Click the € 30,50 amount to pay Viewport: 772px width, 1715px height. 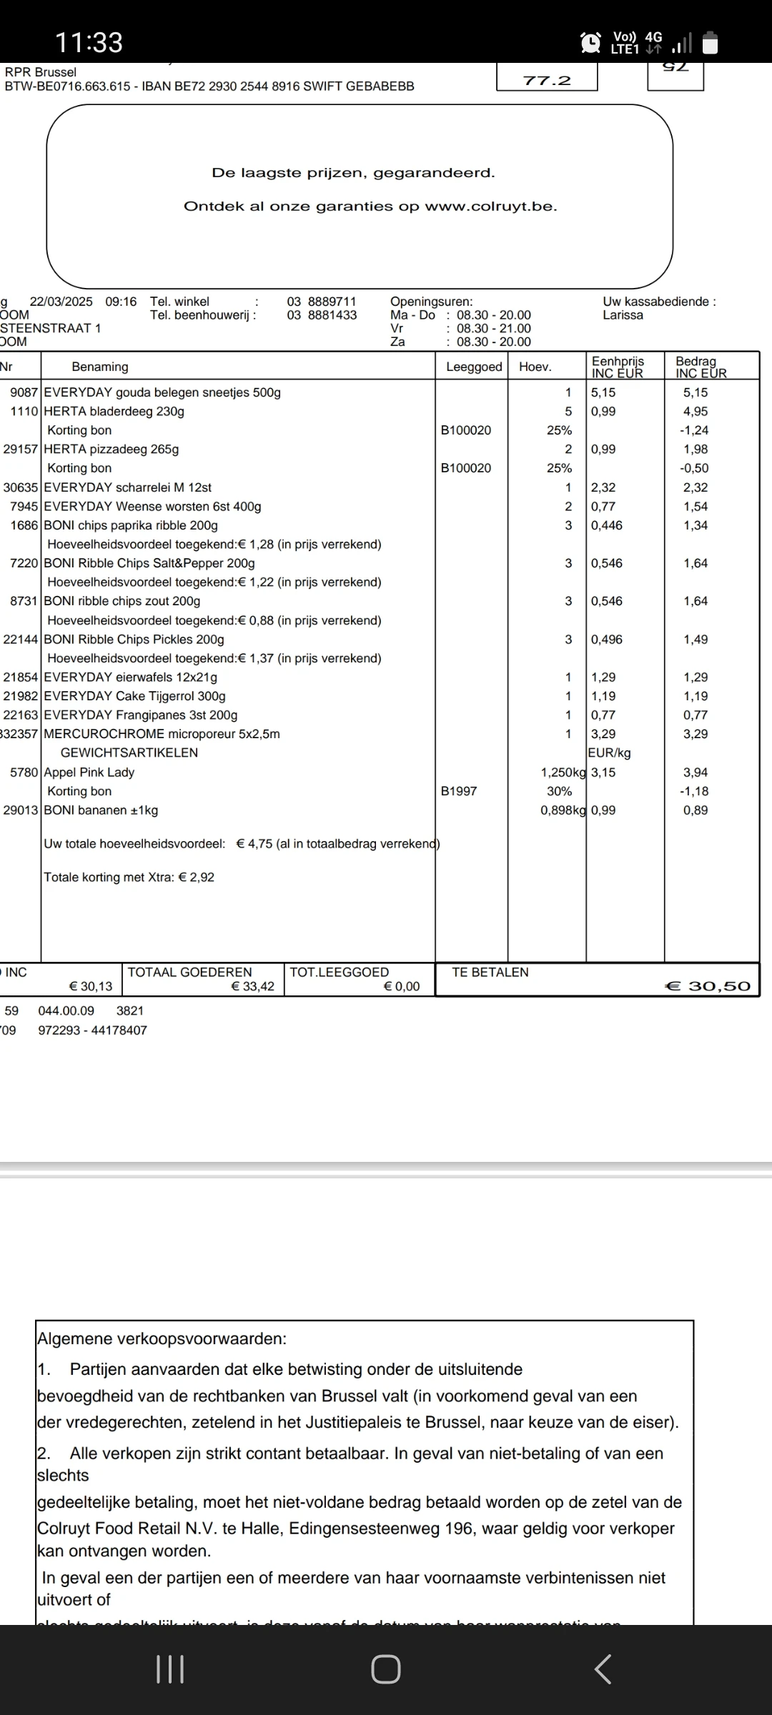[708, 986]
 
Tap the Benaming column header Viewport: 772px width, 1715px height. [100, 367]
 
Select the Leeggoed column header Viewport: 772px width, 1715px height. [474, 367]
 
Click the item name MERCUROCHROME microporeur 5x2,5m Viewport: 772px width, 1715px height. [162, 734]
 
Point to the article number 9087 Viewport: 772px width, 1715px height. [24, 392]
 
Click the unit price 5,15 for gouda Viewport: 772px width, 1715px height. [603, 392]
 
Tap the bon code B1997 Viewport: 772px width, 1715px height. [459, 791]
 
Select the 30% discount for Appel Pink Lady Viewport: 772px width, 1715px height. [559, 791]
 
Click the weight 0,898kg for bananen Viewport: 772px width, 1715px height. [563, 810]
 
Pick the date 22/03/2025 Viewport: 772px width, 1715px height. [61, 302]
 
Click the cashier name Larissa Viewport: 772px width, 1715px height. [623, 315]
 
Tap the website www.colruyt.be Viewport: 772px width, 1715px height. [490, 207]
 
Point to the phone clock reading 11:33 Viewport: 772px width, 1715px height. [89, 43]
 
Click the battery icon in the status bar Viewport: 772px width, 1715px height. [710, 43]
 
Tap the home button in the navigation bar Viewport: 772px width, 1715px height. [386, 1669]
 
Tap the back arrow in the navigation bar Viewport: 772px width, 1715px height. [603, 1669]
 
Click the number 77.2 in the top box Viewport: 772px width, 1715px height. [547, 81]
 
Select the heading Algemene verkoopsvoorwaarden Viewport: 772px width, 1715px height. [162, 1338]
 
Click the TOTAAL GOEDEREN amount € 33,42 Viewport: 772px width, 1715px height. [252, 987]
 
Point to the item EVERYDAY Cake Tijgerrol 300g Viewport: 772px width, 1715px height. [134, 696]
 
